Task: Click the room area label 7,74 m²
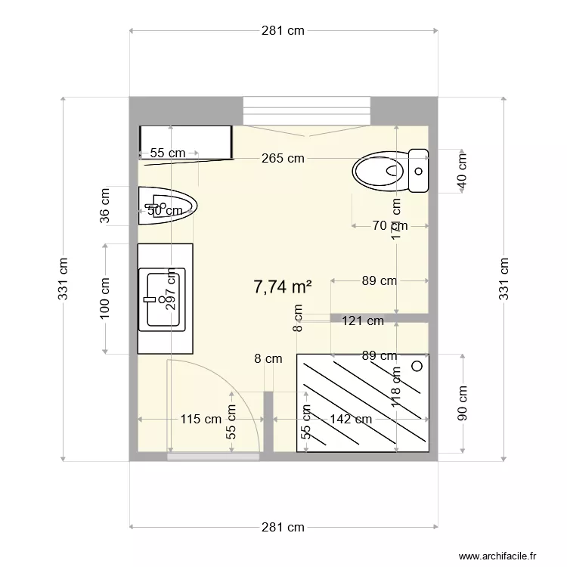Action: (x=283, y=287)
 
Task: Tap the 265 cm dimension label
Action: (x=283, y=158)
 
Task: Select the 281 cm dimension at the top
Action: (x=283, y=31)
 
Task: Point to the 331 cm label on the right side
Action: (x=504, y=279)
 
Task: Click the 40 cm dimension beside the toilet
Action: (x=462, y=171)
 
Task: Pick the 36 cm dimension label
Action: (x=105, y=205)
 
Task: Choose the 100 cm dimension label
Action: (x=105, y=297)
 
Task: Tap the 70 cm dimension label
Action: (x=389, y=225)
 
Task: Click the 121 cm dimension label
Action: (x=363, y=321)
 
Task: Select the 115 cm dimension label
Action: (x=200, y=419)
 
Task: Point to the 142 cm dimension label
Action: (x=351, y=419)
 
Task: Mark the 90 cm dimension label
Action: (x=462, y=404)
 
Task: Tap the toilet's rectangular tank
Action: (x=418, y=171)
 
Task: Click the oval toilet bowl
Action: (x=380, y=172)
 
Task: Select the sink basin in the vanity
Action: (x=164, y=299)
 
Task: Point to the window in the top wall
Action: (x=306, y=110)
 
